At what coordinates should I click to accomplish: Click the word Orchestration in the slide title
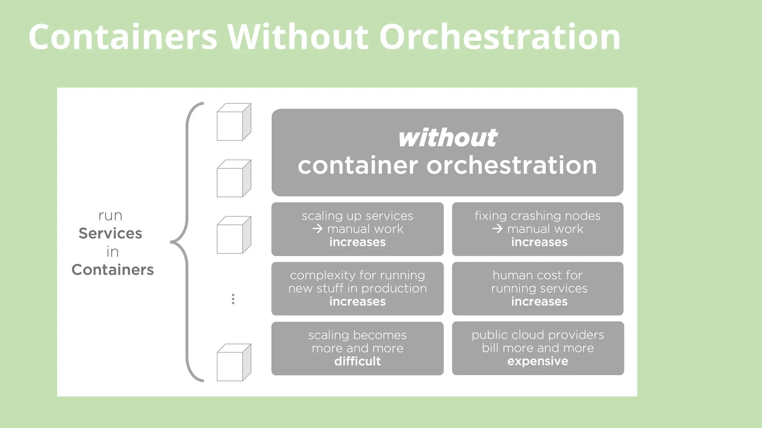(x=499, y=37)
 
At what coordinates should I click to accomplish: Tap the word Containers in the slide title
(x=123, y=37)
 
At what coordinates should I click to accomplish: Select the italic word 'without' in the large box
(x=448, y=138)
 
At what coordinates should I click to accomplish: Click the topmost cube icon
(x=234, y=122)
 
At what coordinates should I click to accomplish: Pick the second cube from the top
(x=234, y=179)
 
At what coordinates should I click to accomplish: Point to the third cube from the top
(x=234, y=235)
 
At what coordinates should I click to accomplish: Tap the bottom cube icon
(x=234, y=363)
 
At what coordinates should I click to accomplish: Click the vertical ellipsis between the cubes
(x=233, y=299)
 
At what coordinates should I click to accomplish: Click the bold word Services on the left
(x=110, y=233)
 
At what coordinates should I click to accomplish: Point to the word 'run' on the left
(x=110, y=216)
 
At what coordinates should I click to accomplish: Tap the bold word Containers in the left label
(x=112, y=270)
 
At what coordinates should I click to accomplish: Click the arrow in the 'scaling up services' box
(x=317, y=229)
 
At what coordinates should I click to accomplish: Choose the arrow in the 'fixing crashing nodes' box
(x=497, y=229)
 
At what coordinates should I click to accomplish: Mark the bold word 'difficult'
(x=357, y=361)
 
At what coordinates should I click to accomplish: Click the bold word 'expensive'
(x=538, y=361)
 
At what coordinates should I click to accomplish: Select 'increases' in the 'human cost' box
(x=539, y=301)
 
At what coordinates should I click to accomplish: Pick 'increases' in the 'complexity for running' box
(x=357, y=301)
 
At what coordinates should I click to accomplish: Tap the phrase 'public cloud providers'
(x=538, y=335)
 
